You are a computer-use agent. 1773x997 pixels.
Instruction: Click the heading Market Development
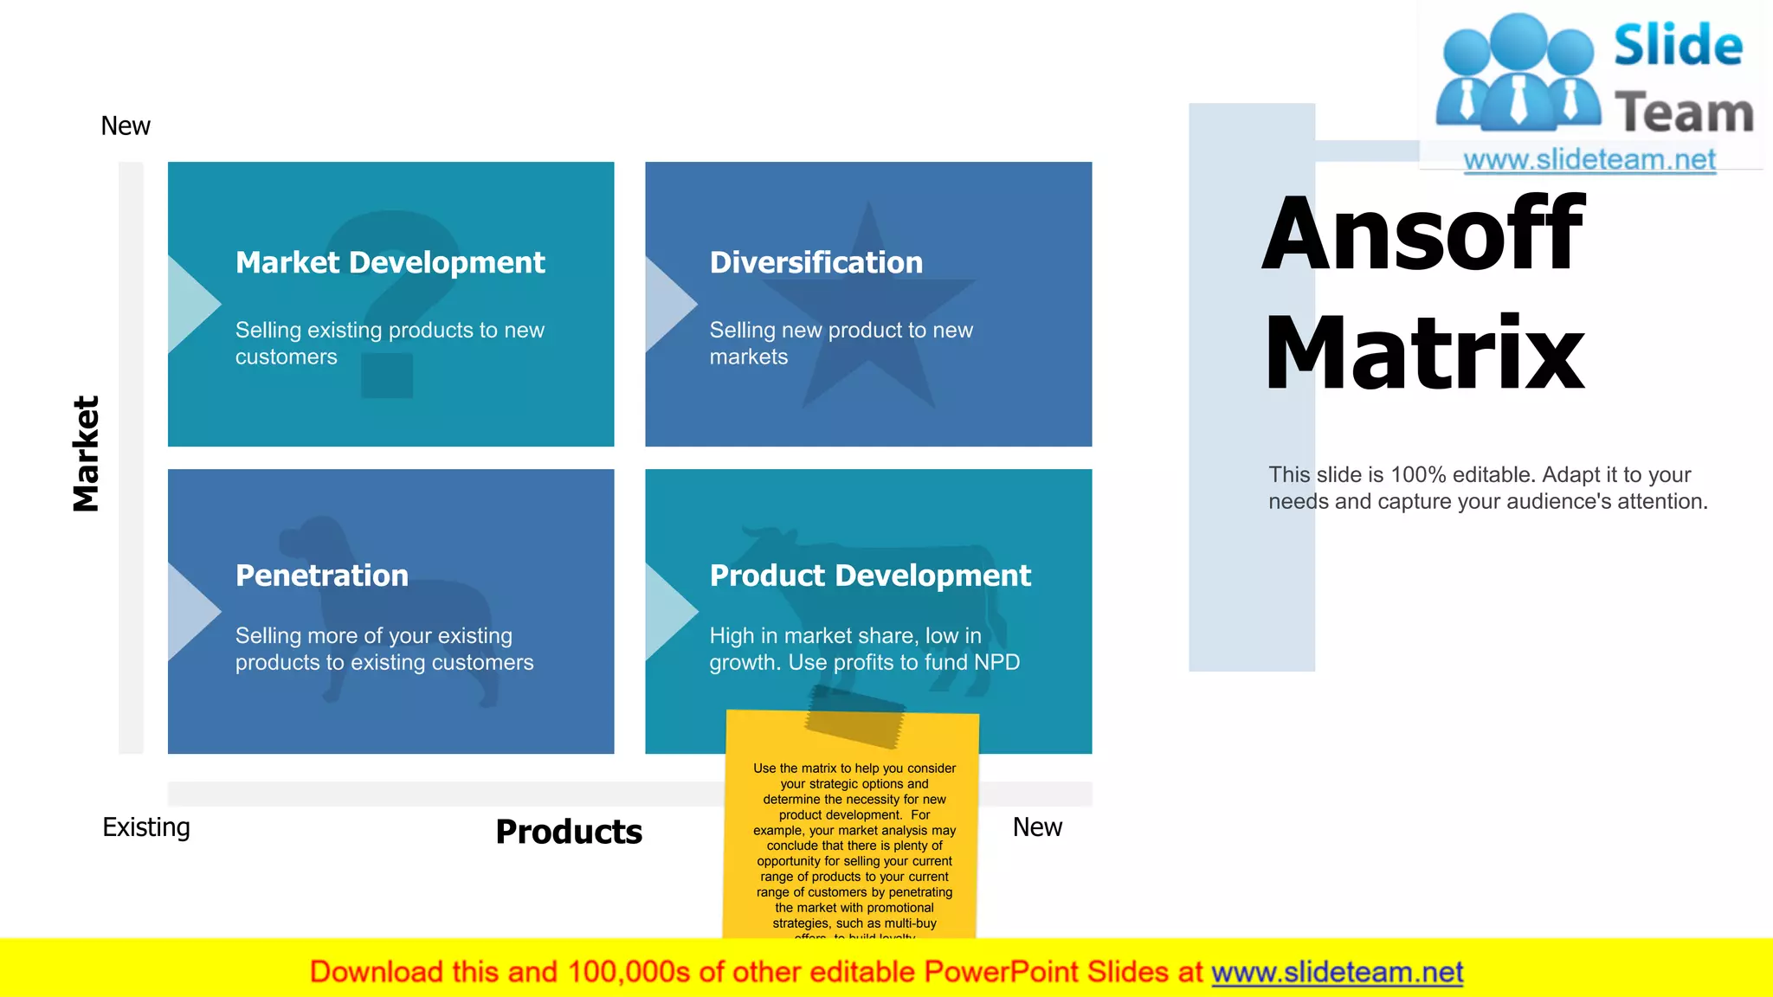tap(390, 262)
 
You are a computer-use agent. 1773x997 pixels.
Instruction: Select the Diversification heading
tap(816, 262)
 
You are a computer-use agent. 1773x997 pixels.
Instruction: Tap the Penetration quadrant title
tap(321, 576)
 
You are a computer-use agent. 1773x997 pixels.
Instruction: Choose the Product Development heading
tap(870, 576)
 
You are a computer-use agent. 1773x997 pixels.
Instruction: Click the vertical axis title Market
tap(86, 454)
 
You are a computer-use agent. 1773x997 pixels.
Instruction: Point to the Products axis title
tap(569, 832)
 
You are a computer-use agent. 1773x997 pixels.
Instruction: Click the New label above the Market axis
tap(126, 126)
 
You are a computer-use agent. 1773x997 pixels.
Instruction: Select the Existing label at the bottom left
tap(146, 827)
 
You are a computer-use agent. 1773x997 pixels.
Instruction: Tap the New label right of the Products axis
tap(1037, 827)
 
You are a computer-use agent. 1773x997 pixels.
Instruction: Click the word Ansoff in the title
tap(1422, 235)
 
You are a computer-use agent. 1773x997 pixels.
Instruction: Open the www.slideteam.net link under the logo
tap(1589, 160)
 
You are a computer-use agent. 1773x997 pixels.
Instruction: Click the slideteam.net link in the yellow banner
tap(1337, 972)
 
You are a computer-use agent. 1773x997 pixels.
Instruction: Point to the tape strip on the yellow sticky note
tap(854, 716)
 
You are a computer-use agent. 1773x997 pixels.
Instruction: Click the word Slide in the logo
tap(1678, 45)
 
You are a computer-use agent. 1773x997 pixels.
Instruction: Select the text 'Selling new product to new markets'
tap(841, 344)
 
